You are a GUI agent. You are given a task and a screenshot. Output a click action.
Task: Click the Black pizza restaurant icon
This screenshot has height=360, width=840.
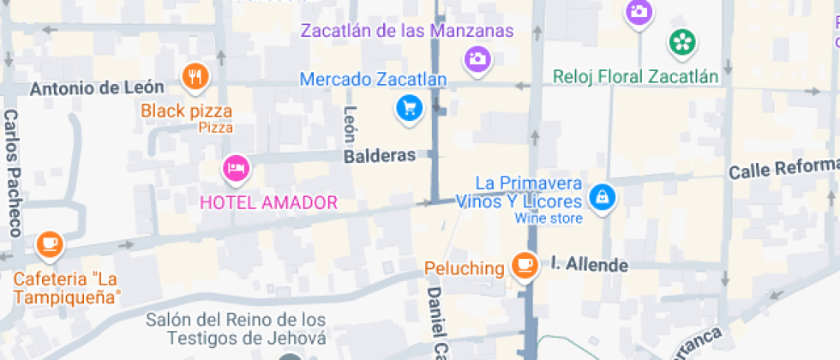[x=196, y=76]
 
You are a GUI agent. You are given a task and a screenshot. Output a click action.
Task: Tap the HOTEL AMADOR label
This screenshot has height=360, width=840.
[x=268, y=203]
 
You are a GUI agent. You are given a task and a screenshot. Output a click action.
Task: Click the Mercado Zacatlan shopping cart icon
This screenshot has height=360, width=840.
[x=409, y=107]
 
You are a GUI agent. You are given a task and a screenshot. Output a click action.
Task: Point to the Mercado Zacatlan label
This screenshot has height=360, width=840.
[x=373, y=81]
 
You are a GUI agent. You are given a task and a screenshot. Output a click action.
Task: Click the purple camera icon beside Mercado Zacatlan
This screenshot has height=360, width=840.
[x=477, y=58]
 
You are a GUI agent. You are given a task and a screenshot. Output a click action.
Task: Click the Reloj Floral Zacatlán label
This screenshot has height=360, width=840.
[x=635, y=77]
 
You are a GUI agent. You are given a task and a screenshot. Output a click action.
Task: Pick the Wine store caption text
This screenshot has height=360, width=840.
[x=549, y=219]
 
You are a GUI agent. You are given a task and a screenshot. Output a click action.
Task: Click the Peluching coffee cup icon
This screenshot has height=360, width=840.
[x=524, y=266]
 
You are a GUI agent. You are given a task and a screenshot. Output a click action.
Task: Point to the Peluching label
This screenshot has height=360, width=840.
[x=465, y=268]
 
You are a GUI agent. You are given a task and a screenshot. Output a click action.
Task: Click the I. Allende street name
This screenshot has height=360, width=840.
[x=589, y=264]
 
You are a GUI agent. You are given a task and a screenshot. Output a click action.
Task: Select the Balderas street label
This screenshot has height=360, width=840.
[x=379, y=156]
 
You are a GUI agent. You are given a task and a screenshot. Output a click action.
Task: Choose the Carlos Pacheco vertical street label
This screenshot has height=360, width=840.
[x=12, y=172]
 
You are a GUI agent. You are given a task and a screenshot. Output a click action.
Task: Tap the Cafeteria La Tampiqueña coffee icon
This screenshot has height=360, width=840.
[x=49, y=245]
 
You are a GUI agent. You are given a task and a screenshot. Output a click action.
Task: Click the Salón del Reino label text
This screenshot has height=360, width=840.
[x=237, y=328]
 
